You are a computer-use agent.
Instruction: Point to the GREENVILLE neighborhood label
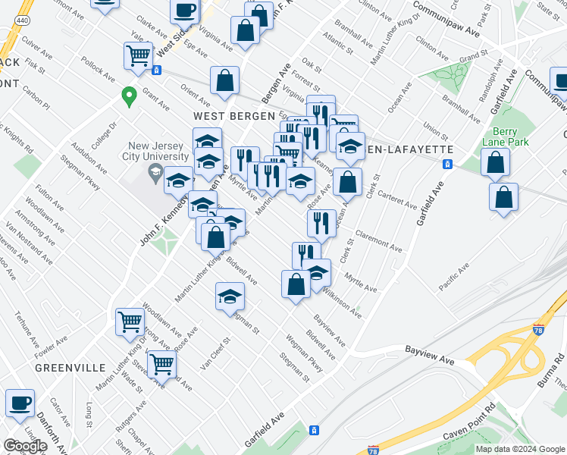[x=70, y=367]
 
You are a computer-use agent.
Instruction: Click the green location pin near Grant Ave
[x=129, y=96]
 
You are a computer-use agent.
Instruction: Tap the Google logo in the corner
[x=25, y=446]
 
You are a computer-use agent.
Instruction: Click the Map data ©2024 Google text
[x=520, y=449]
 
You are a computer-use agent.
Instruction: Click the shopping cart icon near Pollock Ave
[x=138, y=55]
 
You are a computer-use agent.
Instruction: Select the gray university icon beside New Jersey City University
[x=155, y=174]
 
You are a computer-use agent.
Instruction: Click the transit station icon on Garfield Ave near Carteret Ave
[x=448, y=164]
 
